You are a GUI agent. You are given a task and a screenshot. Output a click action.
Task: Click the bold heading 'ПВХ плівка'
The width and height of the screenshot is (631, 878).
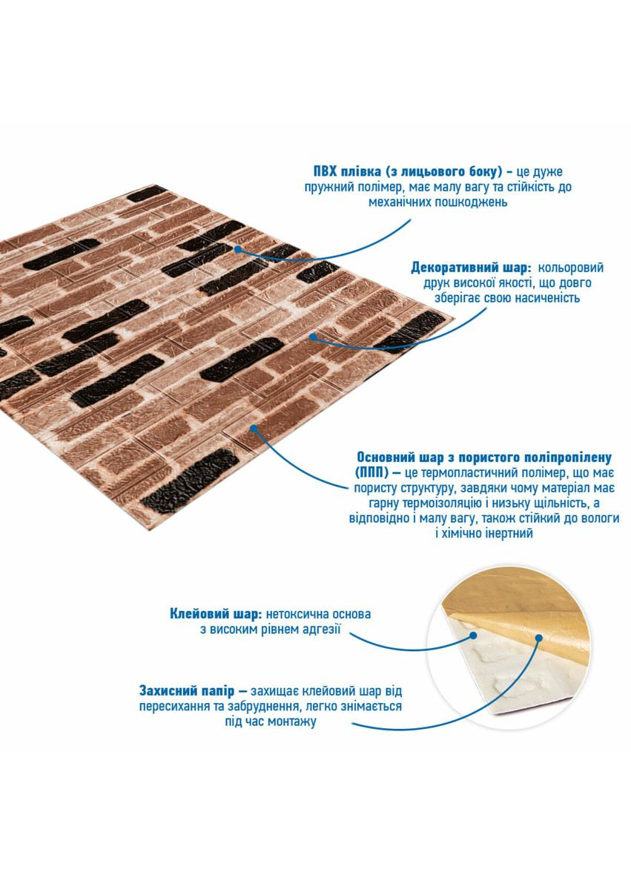(x=344, y=171)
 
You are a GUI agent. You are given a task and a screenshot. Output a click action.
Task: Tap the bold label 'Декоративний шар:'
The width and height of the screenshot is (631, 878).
(x=471, y=268)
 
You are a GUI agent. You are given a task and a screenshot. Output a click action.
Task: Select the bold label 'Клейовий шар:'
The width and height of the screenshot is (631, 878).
(x=216, y=614)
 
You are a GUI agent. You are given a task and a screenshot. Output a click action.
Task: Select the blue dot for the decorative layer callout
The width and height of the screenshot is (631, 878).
(x=314, y=337)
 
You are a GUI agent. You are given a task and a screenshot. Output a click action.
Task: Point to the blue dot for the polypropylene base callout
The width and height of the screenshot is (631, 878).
(x=254, y=429)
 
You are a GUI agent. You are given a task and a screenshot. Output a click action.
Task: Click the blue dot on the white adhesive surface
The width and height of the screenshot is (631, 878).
(x=473, y=636)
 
